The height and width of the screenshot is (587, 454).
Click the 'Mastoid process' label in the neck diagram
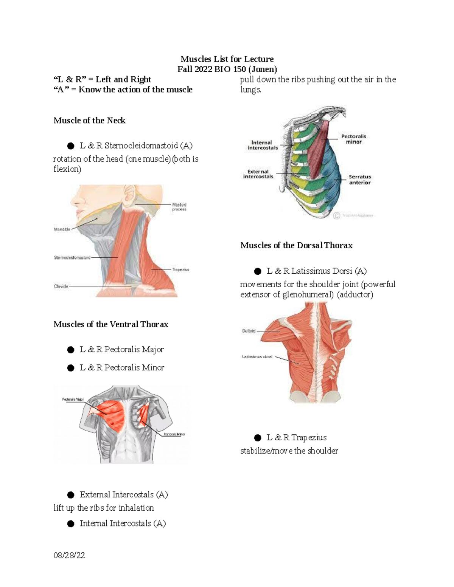[x=179, y=207]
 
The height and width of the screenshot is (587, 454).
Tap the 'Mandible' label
[x=62, y=229]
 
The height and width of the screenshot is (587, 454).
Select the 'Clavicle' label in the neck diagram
[x=61, y=287]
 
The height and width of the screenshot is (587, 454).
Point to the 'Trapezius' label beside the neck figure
[x=181, y=270]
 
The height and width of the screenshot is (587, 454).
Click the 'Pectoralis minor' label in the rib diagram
[x=354, y=139]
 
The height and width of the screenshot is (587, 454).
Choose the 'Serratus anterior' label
[x=360, y=180]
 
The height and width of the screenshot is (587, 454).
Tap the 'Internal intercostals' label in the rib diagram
[x=263, y=145]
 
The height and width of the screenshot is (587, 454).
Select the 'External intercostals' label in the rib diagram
[x=258, y=174]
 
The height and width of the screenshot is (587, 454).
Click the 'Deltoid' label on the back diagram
[x=249, y=331]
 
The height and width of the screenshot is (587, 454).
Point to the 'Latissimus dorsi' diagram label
[x=257, y=356]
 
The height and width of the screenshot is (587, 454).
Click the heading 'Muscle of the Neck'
[x=89, y=121]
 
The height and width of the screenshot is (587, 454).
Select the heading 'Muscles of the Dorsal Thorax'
[x=296, y=245]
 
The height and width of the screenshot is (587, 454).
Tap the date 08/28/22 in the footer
[x=69, y=555]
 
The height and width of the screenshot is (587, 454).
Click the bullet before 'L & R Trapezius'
[x=258, y=438]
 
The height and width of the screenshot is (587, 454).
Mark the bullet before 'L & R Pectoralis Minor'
[x=71, y=368]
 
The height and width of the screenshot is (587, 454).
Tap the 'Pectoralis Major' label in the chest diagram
[x=73, y=400]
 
